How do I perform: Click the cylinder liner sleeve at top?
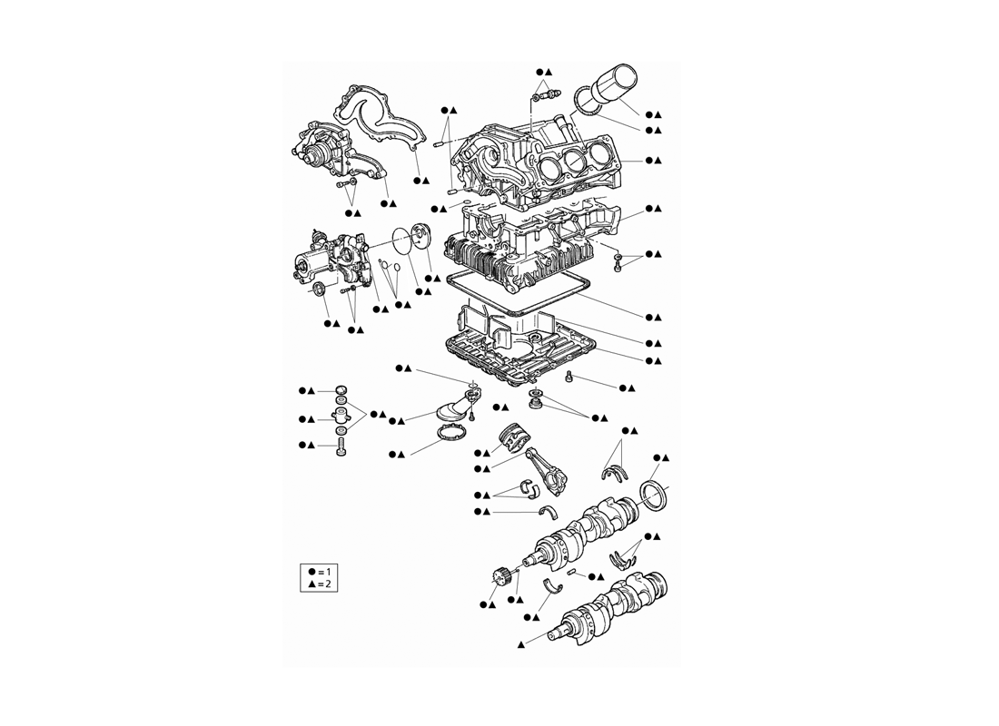coord(613,84)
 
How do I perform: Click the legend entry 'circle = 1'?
coord(319,571)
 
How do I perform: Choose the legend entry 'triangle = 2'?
coord(319,584)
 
